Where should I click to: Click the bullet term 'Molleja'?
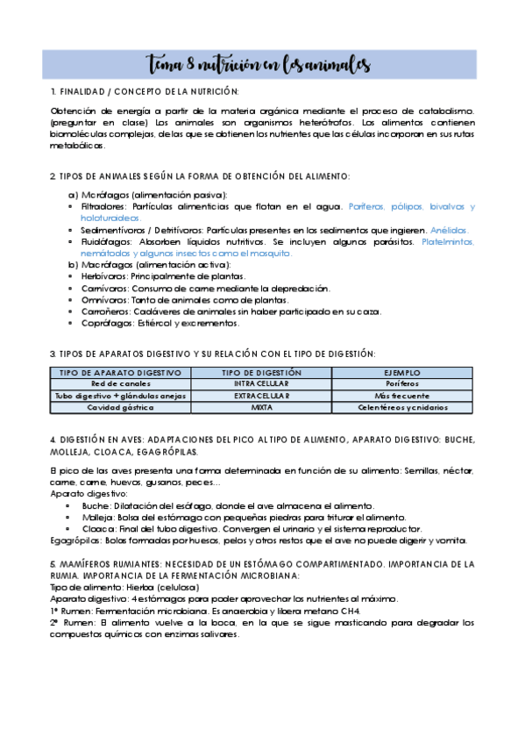pyautogui.click(x=96, y=518)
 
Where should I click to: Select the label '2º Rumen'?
pyautogui.click(x=71, y=622)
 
